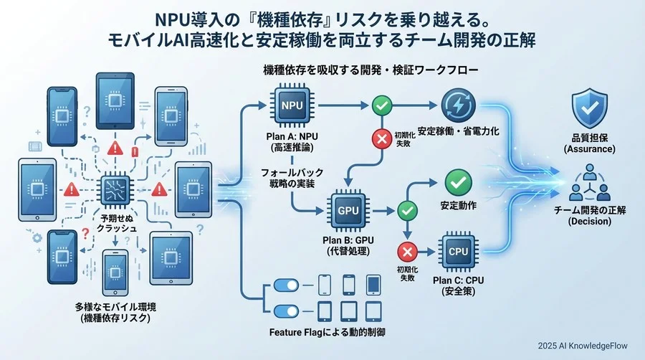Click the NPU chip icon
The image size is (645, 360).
[x=292, y=105]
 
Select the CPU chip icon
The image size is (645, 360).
[x=458, y=252]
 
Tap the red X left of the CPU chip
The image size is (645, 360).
[x=407, y=252]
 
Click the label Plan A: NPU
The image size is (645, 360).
[x=292, y=137]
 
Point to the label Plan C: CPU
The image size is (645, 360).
[x=458, y=282]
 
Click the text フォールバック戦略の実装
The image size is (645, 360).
[x=292, y=177]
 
